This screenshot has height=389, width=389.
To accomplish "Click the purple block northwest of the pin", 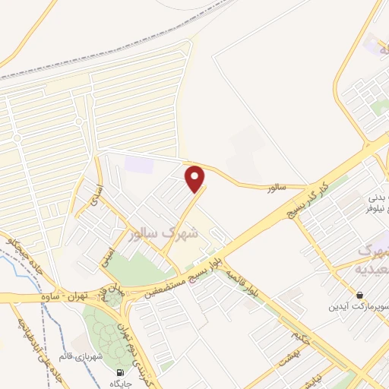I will point(139,163).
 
